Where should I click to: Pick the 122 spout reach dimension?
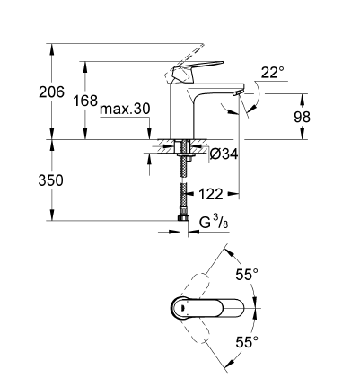[x=211, y=192]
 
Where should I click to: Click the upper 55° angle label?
[x=246, y=274]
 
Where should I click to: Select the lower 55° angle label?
[x=246, y=341]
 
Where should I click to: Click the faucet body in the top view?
[x=207, y=307]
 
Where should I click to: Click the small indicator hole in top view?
[x=184, y=308]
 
